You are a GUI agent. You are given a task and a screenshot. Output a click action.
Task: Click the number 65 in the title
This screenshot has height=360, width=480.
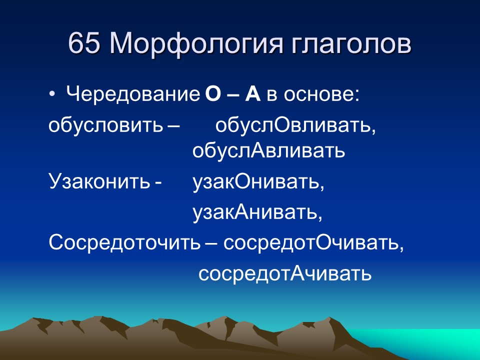pos(83,44)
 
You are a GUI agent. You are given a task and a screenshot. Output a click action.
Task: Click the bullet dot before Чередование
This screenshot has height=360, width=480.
pos(52,94)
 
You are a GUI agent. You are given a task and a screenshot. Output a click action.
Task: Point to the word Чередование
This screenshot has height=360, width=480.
pos(132,94)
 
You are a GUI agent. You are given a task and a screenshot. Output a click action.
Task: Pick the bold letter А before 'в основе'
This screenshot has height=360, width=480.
pos(252,94)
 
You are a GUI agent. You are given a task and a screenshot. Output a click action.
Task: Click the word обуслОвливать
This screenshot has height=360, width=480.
pos(295,125)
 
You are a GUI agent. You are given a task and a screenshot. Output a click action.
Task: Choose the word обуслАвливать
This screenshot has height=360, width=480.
pos(268,151)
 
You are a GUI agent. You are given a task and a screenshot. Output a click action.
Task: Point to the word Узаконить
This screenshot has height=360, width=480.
pos(99,182)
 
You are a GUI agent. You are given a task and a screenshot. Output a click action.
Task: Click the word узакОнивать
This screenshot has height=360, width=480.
pos(258,182)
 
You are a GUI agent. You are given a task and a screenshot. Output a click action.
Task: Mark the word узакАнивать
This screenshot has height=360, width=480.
pos(257,213)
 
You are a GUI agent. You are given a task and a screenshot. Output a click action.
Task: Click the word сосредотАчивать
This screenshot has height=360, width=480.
pos(285,274)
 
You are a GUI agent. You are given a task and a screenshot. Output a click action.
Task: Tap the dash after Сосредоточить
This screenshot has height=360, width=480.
pos(211,244)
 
